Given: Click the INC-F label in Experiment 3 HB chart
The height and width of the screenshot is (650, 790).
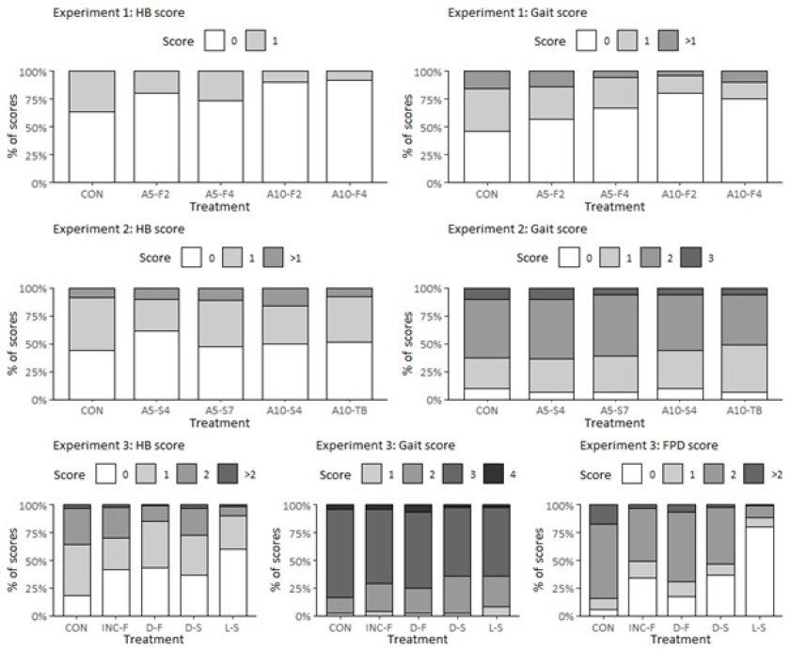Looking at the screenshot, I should pos(117,628).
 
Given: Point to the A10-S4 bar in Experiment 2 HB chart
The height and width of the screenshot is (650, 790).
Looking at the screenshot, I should pos(285,343).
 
